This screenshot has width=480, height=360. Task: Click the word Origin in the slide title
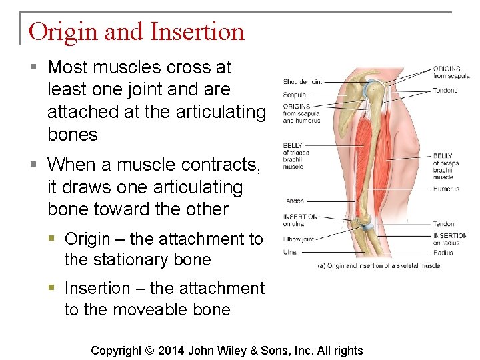[x=62, y=32]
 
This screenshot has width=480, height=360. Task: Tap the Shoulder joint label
[x=302, y=82]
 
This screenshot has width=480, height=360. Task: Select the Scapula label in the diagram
[x=294, y=95]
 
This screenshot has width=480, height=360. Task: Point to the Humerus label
[x=445, y=189]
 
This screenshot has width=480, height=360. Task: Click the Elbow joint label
[x=298, y=239]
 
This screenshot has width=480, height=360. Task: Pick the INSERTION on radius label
[x=450, y=239]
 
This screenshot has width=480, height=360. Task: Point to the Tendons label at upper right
[x=445, y=91]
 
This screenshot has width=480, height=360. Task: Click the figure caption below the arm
[x=378, y=266]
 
